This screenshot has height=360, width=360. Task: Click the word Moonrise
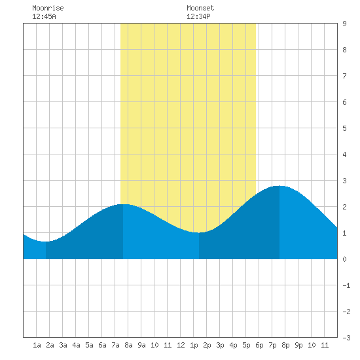point(48,8)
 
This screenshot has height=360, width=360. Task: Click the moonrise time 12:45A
point(44,16)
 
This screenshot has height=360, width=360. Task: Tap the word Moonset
point(200,8)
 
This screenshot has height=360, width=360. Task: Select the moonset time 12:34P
point(198,16)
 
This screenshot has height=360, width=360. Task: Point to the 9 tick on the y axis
point(344,24)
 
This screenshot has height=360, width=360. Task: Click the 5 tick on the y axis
point(344,128)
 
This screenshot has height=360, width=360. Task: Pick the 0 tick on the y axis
point(344,259)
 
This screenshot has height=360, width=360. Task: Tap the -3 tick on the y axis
point(346,338)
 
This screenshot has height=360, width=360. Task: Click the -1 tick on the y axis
point(346,285)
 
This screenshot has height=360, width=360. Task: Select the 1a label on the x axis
point(37,345)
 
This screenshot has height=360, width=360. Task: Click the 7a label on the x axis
point(115,345)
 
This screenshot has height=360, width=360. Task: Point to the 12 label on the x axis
point(181,345)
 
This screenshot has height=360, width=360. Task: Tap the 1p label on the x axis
point(194,345)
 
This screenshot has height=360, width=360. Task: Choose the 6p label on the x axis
point(259,345)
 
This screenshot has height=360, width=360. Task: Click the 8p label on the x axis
point(285,345)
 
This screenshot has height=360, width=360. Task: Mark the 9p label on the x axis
point(298,345)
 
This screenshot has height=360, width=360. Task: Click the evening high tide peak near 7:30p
point(279,186)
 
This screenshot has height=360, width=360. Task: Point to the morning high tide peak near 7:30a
point(123,204)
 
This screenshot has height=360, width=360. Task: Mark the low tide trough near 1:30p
point(199,232)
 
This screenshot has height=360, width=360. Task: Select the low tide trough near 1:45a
point(46,242)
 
